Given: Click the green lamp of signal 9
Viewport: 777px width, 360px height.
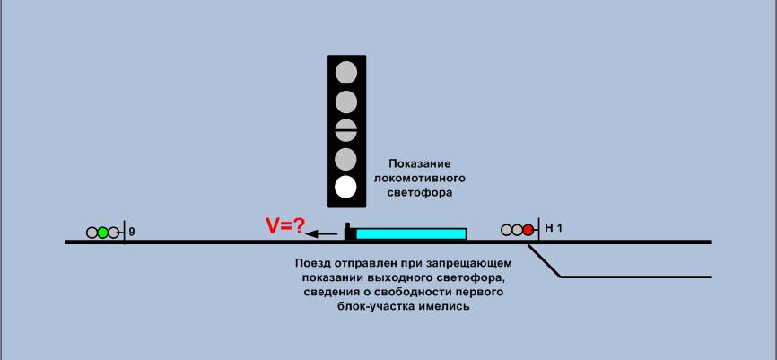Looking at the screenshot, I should coord(103,233).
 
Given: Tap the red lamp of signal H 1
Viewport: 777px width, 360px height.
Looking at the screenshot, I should coord(528,230).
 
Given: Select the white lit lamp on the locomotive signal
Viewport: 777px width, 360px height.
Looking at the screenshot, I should coord(345,188).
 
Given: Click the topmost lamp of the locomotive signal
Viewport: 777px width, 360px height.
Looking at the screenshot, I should coord(345,72).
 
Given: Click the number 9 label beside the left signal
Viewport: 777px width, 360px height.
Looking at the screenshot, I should coord(132,233).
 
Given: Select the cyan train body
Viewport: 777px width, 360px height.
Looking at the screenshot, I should coord(411,233).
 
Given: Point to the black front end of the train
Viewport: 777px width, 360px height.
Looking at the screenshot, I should coord(349,233).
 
